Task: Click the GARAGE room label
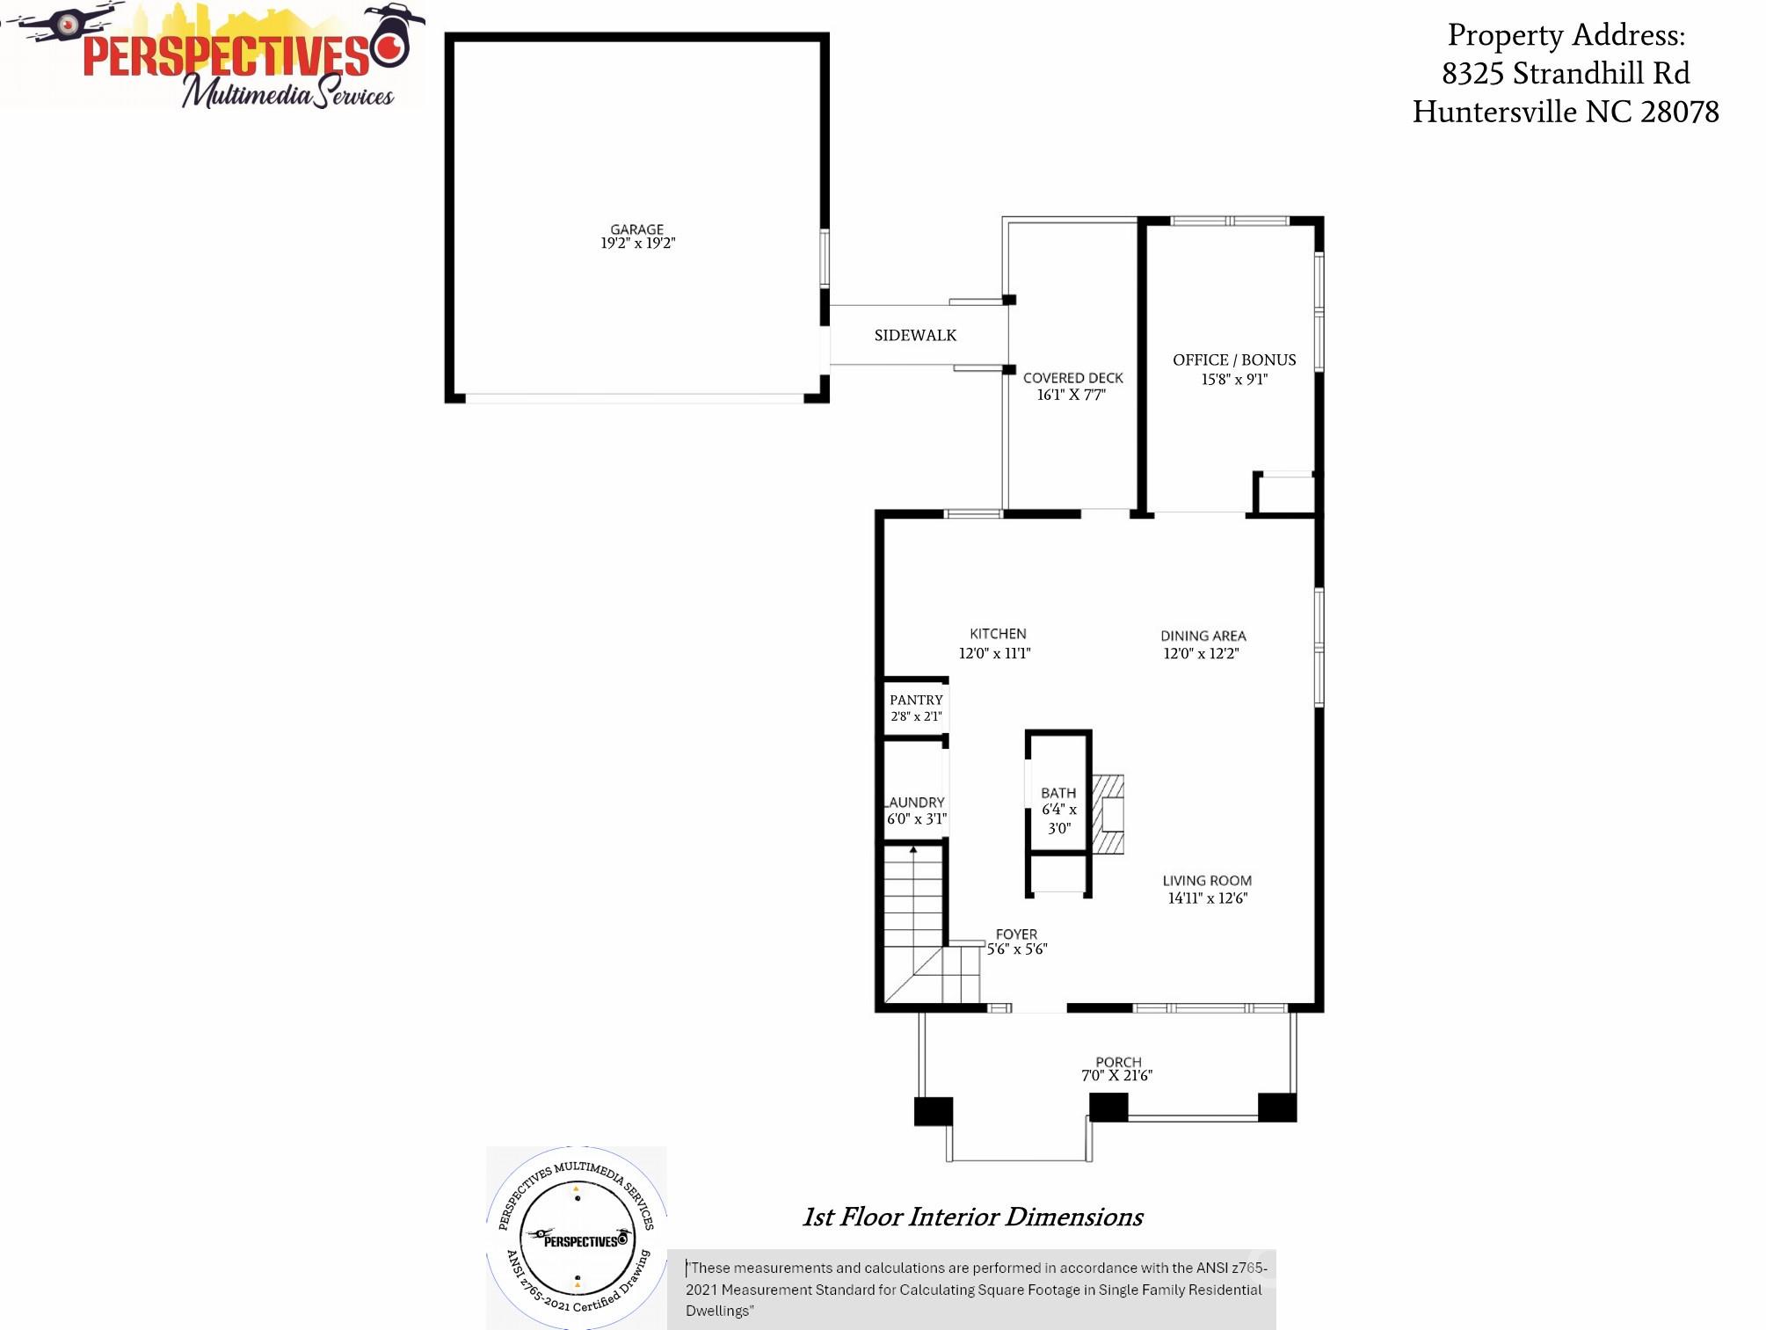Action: [x=637, y=229]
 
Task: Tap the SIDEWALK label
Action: [x=915, y=335]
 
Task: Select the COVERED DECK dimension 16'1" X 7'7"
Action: [x=1072, y=395]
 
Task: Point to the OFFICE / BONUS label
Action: [x=1234, y=360]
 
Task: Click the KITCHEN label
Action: [x=998, y=634]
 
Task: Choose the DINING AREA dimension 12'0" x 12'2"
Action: [x=1201, y=653]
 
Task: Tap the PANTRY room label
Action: [x=916, y=700]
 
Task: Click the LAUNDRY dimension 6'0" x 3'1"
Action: [x=917, y=818]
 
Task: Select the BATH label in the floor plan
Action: [x=1058, y=793]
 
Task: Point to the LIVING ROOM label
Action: [x=1207, y=880]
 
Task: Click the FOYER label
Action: [x=1016, y=934]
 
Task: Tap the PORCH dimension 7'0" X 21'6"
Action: [x=1116, y=1075]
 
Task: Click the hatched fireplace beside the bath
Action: [x=1108, y=814]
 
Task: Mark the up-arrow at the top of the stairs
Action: [x=913, y=850]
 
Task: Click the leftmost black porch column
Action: [x=934, y=1110]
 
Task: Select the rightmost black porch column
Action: [x=1277, y=1107]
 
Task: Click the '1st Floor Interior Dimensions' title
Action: [x=972, y=1217]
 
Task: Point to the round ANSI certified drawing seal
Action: [x=577, y=1237]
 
